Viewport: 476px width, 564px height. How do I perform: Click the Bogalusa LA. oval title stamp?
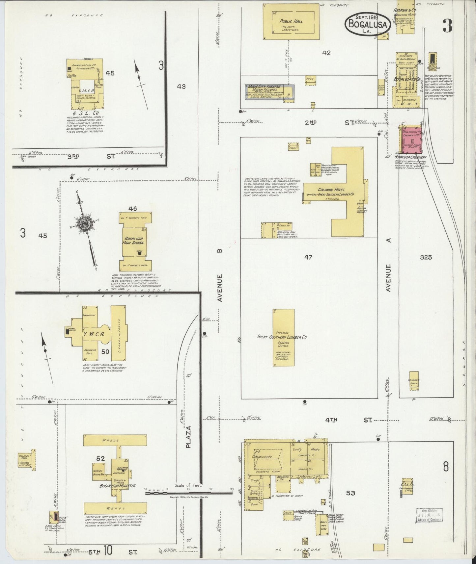pos(368,23)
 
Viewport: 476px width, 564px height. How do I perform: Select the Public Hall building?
pos(291,22)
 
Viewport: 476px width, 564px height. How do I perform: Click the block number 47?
pos(308,257)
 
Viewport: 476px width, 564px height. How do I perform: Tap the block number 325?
pos(426,257)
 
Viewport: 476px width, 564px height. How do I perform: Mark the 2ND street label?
pos(310,122)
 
